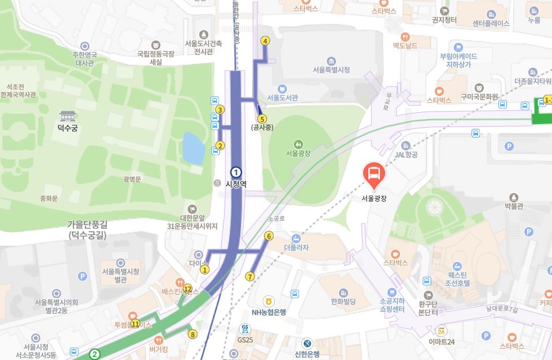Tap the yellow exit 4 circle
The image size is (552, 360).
click(265, 41)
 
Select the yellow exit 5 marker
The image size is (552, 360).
click(262, 119)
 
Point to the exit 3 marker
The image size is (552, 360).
click(220, 110)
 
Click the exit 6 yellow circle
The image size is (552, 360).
click(268, 236)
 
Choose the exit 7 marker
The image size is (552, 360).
click(250, 276)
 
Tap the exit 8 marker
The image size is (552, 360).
click(193, 334)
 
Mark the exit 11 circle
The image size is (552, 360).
click(135, 324)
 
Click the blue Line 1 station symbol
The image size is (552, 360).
click(236, 172)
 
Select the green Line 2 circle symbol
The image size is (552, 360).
click(95, 354)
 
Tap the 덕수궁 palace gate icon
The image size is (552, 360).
click(68, 116)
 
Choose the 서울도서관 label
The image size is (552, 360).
click(282, 98)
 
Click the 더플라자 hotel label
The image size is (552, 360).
click(296, 247)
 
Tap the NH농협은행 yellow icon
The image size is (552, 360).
click(268, 301)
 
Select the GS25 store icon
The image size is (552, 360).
click(245, 329)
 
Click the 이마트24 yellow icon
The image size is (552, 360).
click(442, 331)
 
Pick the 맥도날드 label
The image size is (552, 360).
click(405, 46)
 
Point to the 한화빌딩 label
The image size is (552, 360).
click(343, 302)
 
